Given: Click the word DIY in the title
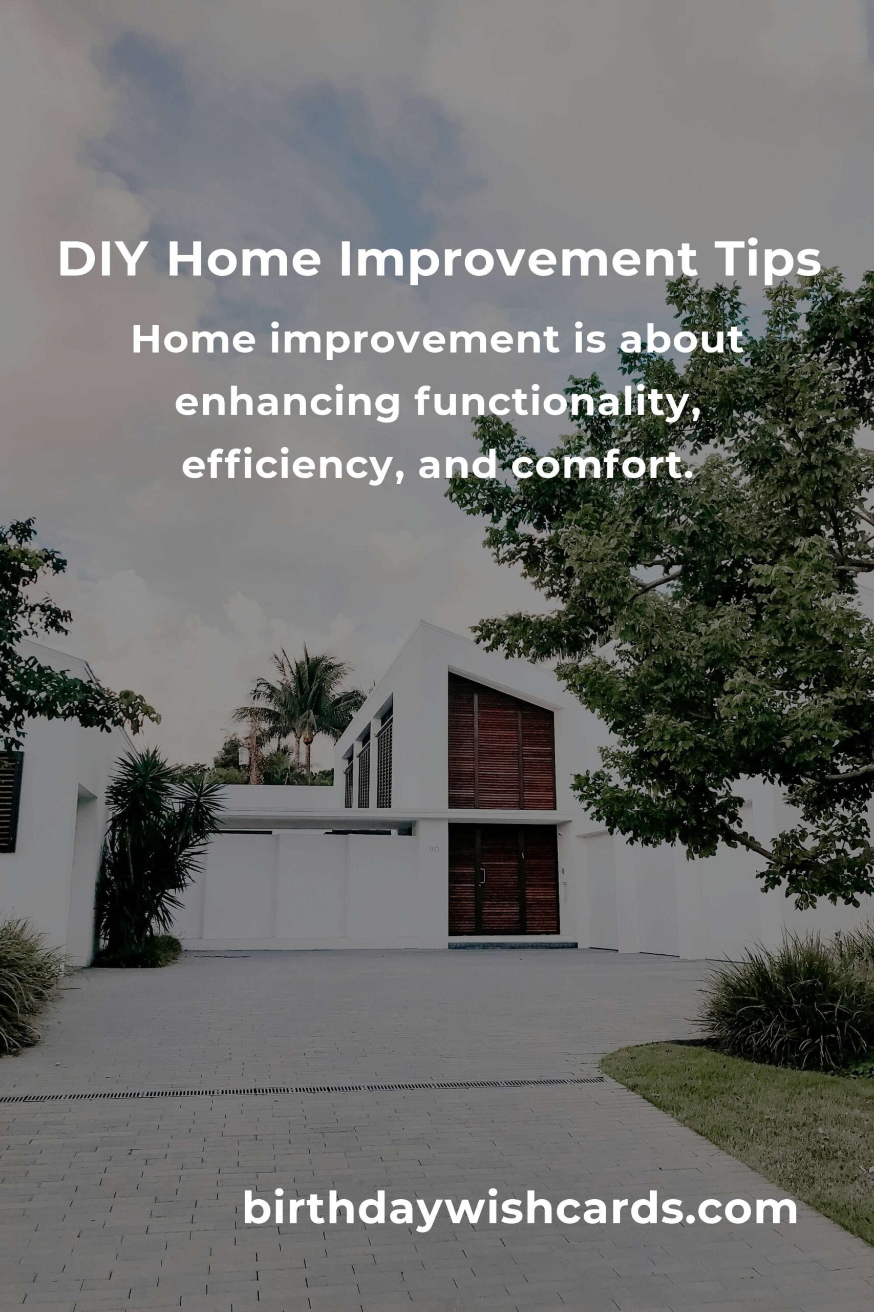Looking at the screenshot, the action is pyautogui.click(x=102, y=259).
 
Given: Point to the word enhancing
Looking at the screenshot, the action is pyautogui.click(x=287, y=404).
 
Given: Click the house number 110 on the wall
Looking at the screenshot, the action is pyautogui.click(x=434, y=849).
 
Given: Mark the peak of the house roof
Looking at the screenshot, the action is pyautogui.click(x=422, y=622).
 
